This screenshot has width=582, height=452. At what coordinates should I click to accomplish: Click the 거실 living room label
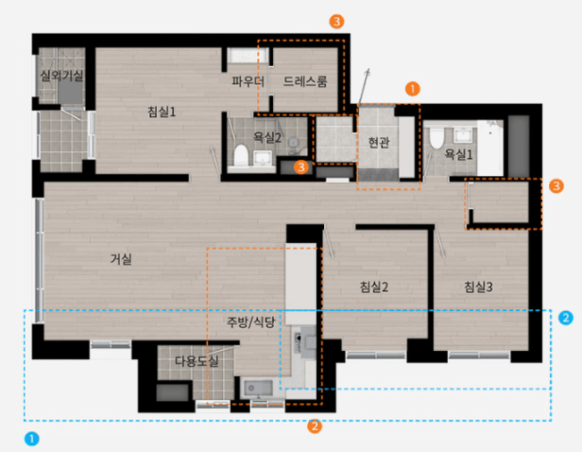[121, 259]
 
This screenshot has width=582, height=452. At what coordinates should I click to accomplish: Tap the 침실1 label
[162, 112]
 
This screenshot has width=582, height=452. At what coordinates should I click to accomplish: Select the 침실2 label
[374, 287]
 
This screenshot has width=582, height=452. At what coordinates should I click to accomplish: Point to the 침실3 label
[478, 287]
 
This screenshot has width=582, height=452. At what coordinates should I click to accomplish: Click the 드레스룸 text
[305, 81]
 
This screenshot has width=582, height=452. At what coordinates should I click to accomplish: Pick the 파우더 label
[248, 81]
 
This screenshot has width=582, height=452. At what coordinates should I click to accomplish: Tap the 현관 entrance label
[378, 142]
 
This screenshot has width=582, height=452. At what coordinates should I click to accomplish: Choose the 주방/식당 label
[251, 322]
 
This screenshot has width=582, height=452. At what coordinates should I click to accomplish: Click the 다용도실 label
[196, 361]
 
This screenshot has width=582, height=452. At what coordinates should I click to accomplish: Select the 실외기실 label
[62, 76]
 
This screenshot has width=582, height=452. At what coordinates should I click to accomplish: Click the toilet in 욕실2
[241, 155]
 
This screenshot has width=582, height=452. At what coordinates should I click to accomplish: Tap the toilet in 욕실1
[436, 138]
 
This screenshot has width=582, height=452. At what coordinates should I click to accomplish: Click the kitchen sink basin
[258, 388]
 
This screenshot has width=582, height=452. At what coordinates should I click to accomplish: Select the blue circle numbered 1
[31, 439]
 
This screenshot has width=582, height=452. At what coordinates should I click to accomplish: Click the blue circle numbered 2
[566, 318]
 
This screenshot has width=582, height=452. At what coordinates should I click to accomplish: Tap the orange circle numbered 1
[412, 89]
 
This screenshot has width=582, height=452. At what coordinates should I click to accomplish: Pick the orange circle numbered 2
[314, 426]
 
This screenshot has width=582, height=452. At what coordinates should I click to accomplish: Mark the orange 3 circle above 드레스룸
[337, 21]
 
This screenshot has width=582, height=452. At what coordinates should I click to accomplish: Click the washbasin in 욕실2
[262, 158]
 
